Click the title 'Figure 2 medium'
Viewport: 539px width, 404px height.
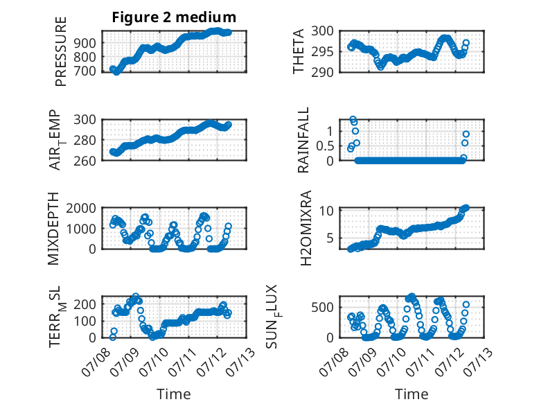[174, 17]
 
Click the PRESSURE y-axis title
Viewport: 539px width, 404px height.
[60, 51]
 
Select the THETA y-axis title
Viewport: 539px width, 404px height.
[299, 51]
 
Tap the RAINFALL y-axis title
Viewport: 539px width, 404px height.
[303, 140]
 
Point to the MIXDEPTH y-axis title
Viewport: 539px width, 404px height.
[53, 229]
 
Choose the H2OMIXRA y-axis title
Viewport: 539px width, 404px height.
[306, 228]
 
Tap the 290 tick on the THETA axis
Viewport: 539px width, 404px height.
[322, 72]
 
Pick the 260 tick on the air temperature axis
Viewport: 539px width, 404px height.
[85, 161]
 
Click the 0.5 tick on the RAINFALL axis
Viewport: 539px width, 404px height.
[325, 146]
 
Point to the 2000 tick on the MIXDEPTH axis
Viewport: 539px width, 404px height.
[81, 208]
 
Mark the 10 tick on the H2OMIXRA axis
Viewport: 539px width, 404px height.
[326, 211]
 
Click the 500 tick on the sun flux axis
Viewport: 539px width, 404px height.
[322, 307]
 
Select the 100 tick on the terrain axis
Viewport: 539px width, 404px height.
[85, 321]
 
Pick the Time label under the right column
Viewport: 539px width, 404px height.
[412, 394]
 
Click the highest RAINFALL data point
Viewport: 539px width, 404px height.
[353, 120]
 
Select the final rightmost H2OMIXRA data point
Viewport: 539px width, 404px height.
[466, 208]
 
